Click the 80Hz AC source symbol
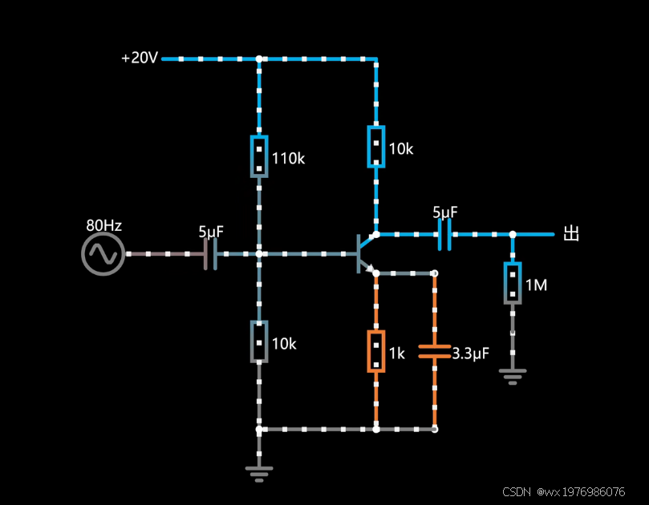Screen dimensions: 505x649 click(103, 254)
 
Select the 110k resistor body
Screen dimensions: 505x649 click(258, 156)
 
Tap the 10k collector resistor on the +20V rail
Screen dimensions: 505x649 click(375, 147)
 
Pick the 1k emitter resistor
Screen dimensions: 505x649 click(375, 351)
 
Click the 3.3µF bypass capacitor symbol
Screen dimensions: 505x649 click(435, 351)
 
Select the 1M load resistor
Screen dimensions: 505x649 click(513, 283)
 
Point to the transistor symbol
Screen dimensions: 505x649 click(363, 253)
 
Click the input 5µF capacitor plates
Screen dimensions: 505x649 click(210, 254)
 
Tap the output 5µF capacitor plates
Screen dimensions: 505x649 click(444, 234)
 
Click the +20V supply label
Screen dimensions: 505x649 click(140, 59)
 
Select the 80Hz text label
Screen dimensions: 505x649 click(103, 225)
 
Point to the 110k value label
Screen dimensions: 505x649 click(288, 159)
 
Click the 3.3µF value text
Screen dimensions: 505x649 click(471, 353)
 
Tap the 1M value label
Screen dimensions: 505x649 click(536, 285)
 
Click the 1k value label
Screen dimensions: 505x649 click(397, 353)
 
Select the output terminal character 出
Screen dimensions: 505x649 click(571, 234)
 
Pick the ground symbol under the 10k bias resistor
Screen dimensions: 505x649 click(258, 473)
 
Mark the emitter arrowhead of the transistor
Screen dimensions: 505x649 click(371, 270)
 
